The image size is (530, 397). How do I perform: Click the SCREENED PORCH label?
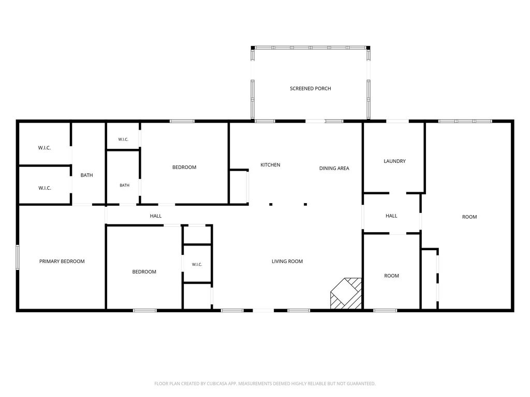tap(311, 88)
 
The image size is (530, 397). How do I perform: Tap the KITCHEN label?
tap(270, 165)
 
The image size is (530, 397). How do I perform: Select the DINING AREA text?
tap(334, 168)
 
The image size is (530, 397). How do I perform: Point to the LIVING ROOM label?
tap(287, 261)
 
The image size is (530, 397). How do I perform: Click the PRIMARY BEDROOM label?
tap(62, 261)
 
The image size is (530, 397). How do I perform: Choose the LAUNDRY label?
tap(394, 161)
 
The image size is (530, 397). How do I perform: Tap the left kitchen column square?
tap(271, 204)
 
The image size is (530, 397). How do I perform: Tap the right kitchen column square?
tap(305, 204)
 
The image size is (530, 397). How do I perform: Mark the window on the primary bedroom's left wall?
tap(18, 257)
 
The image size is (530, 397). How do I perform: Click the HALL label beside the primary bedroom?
tap(155, 216)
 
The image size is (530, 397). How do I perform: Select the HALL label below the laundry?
tap(391, 216)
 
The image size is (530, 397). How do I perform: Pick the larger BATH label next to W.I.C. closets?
tap(86, 175)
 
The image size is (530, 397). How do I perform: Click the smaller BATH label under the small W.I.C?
tap(124, 186)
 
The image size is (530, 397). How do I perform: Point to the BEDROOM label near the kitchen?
tap(184, 167)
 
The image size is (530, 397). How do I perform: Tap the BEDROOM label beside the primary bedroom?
tap(144, 272)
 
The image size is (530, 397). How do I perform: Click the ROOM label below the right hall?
tap(391, 276)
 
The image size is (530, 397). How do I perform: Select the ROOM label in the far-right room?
tap(469, 217)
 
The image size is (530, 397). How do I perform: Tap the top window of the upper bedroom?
tap(182, 121)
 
